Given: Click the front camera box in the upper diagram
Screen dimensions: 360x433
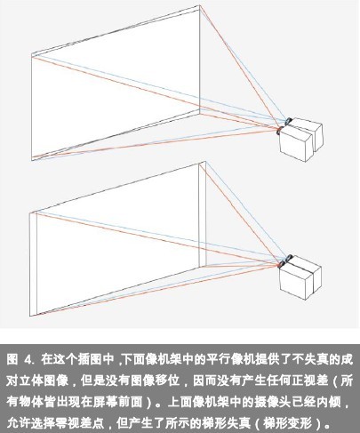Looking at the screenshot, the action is pyautogui.click(x=296, y=144).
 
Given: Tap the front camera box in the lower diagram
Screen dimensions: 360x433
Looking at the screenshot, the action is pyautogui.click(x=296, y=282).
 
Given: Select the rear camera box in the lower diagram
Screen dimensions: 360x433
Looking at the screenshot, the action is pyautogui.click(x=309, y=273).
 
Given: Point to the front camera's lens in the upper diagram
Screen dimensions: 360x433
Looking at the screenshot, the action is pyautogui.click(x=279, y=131).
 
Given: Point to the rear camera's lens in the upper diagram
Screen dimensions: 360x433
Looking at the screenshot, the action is pyautogui.click(x=288, y=121).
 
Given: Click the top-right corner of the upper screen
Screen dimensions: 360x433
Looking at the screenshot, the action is pyautogui.click(x=199, y=5).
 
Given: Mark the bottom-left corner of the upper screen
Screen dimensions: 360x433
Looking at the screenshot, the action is pyautogui.click(x=32, y=161).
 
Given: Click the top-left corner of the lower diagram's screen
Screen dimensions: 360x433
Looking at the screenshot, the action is pyautogui.click(x=29, y=212).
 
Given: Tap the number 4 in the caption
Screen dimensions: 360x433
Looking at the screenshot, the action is pyautogui.click(x=28, y=360).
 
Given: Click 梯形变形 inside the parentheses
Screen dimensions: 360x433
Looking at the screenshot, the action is pyautogui.click(x=287, y=423).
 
